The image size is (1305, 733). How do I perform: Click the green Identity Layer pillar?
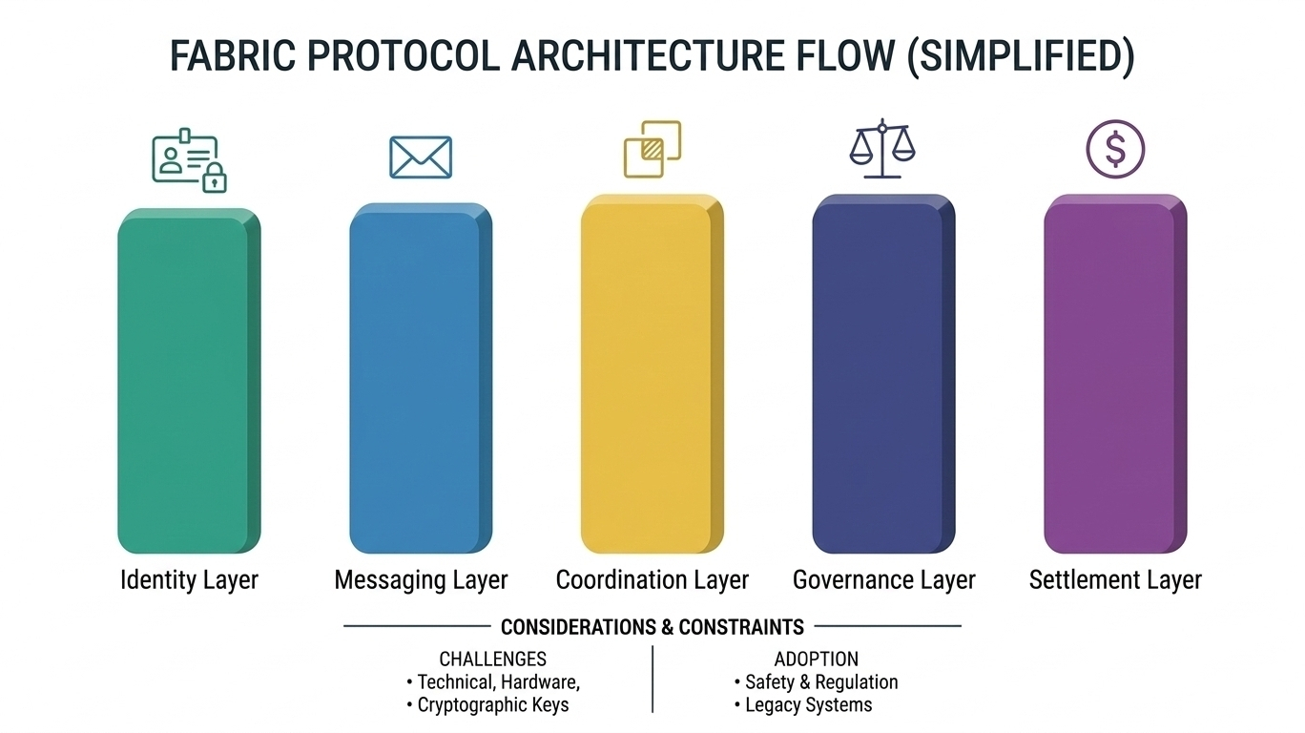coord(188,381)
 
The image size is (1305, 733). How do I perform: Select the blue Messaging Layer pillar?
coord(420,381)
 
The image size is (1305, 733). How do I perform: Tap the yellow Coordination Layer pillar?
coord(652,377)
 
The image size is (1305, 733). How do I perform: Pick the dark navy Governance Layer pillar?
coord(882,377)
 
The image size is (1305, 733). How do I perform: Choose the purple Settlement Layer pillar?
coord(1114,377)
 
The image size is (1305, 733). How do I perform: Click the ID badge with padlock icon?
coord(189,163)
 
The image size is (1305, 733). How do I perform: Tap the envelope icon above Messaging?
coord(420,157)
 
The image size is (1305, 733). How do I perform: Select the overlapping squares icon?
coord(652,149)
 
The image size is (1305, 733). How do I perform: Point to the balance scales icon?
coord(882,150)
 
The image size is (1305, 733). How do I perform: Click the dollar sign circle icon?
coord(1115,149)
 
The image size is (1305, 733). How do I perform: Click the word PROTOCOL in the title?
coord(402,57)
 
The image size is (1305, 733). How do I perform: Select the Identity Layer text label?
coord(189,579)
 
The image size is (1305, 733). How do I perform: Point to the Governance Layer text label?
coord(883,579)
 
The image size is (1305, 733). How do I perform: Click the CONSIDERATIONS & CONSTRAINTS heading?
coord(652,627)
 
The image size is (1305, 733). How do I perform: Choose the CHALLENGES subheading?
coord(492,659)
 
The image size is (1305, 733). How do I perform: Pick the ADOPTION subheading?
coord(816,659)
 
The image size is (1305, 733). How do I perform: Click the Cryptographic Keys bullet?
coord(492,705)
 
